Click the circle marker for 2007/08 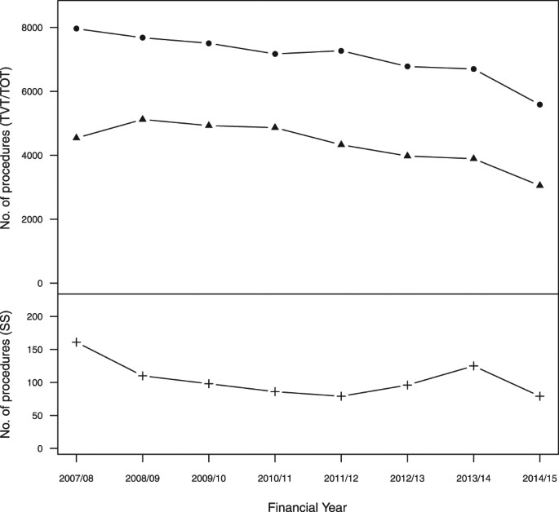click(x=76, y=29)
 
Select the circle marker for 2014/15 click(x=539, y=104)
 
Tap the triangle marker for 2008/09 click(x=142, y=119)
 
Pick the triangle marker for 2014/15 click(x=539, y=185)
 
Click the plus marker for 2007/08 click(x=76, y=342)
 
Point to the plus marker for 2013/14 click(x=473, y=366)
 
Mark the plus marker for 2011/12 click(x=341, y=396)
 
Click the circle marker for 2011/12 click(x=341, y=51)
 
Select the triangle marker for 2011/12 click(x=341, y=144)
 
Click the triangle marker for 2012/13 click(x=407, y=156)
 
